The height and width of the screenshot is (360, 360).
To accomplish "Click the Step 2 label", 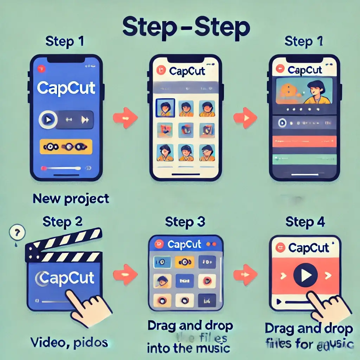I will [x=62, y=222].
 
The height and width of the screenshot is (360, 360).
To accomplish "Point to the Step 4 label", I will [x=305, y=223].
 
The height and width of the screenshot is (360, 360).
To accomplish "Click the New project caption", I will [x=71, y=199].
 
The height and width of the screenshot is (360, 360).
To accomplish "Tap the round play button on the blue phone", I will [x=48, y=120].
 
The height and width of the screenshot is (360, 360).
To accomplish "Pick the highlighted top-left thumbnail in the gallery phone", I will [x=163, y=107].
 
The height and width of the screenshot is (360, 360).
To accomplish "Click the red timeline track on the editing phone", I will [x=304, y=142].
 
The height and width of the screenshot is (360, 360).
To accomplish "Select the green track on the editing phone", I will [x=304, y=160].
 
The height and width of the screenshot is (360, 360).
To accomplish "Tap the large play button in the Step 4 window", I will [x=304, y=275].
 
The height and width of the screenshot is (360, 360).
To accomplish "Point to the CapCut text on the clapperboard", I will [x=65, y=278].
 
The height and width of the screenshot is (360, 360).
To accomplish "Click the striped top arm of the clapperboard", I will [x=63, y=243].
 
